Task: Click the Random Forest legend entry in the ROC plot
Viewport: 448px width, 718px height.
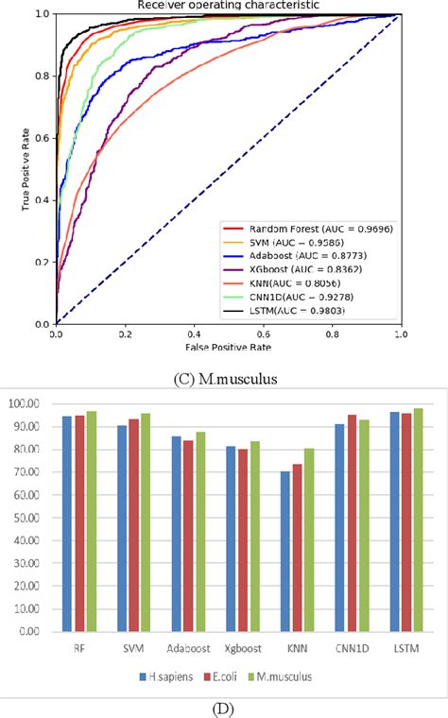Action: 312,230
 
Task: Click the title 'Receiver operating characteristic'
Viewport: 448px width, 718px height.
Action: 228,6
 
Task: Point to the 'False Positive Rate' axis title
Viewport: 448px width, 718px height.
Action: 228,347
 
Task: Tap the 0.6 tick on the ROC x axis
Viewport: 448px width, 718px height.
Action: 263,333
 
